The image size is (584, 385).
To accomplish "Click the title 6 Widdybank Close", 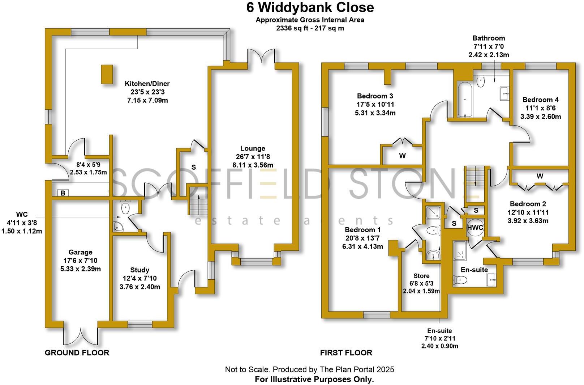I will pyautogui.click(x=310, y=7).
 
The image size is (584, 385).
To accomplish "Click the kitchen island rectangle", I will pyautogui.click(x=107, y=75).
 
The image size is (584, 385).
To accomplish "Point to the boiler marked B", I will pyautogui.click(x=63, y=193).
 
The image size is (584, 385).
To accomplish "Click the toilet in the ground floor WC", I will pyautogui.click(x=125, y=207).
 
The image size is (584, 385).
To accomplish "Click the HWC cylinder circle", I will pyautogui.click(x=475, y=228).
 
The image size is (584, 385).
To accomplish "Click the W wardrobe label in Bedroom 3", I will pyautogui.click(x=402, y=156).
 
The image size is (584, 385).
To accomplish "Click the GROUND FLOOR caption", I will pyautogui.click(x=77, y=352).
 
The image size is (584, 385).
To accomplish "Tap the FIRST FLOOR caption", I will pyautogui.click(x=346, y=352).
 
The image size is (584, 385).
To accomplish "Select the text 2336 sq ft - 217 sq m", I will pyautogui.click(x=310, y=28).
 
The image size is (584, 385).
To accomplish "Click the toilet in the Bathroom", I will pyautogui.click(x=480, y=82).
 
